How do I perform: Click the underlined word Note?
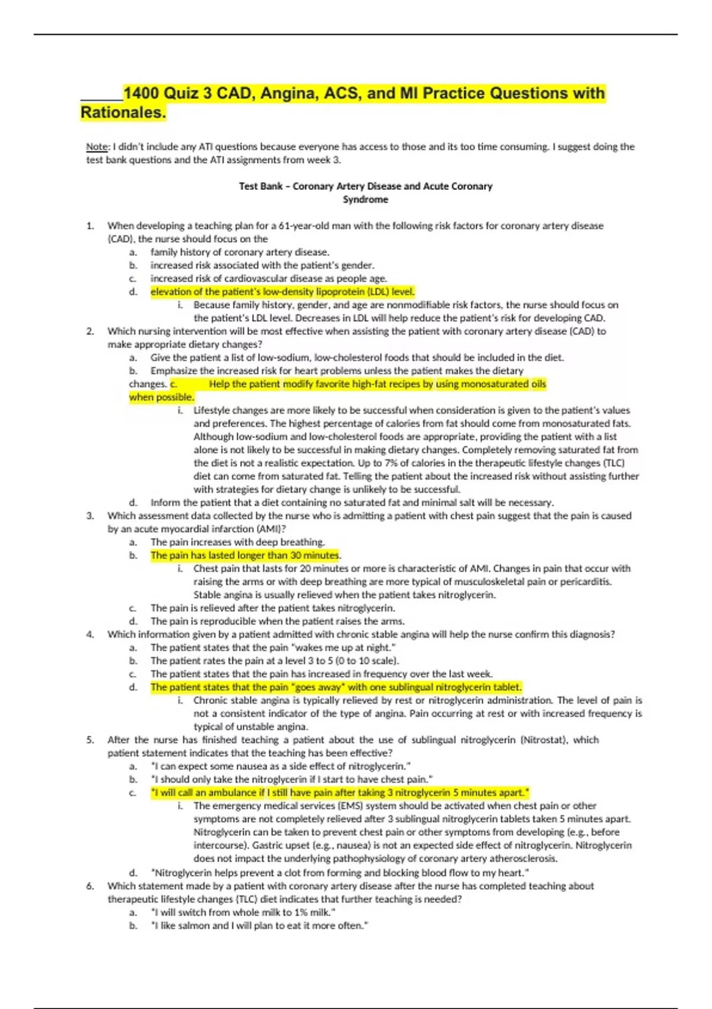point(97,147)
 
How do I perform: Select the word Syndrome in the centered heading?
point(365,199)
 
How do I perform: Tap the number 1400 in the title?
point(141,93)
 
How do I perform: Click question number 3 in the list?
point(90,516)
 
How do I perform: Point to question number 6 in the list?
point(90,886)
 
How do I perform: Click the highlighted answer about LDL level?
point(282,291)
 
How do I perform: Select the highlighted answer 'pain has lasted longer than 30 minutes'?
point(244,556)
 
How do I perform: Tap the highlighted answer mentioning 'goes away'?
point(336,687)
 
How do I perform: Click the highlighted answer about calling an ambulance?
point(339,792)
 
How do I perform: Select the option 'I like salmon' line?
point(259,925)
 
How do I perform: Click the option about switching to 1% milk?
point(243,912)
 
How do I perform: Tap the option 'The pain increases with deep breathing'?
point(237,542)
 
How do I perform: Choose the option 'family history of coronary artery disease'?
point(240,252)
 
